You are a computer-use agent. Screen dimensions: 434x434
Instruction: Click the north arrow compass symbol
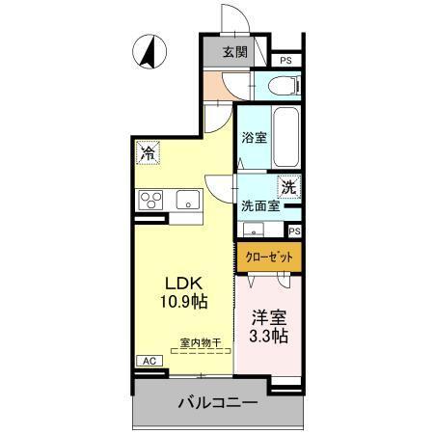tap(149, 52)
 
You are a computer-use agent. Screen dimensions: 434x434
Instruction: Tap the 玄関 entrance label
tap(234, 53)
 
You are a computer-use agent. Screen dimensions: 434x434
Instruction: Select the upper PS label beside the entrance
tap(285, 61)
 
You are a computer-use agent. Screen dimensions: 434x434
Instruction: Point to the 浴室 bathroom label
tap(254, 138)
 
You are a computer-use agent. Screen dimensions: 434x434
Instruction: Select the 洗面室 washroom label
tap(259, 205)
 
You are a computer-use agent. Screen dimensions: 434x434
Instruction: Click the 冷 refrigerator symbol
tap(149, 152)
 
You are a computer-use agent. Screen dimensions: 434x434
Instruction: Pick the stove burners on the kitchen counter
tap(150, 200)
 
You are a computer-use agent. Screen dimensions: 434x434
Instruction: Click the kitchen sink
tap(186, 200)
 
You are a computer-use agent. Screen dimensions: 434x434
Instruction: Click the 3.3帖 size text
tap(269, 337)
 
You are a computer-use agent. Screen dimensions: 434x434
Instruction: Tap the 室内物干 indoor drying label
tap(202, 342)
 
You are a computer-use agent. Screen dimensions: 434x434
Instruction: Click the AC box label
tap(149, 361)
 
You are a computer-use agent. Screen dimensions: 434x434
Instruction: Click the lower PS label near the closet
tap(294, 231)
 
